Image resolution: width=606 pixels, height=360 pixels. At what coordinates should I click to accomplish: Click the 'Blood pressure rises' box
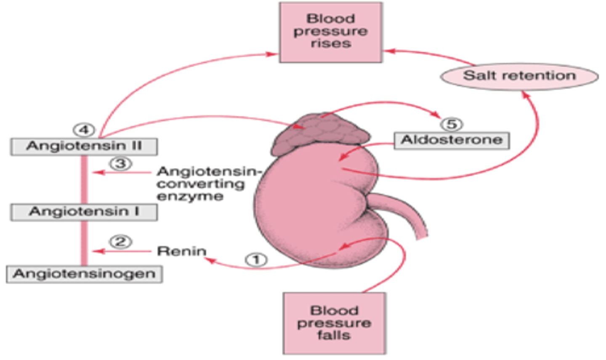tap(331, 32)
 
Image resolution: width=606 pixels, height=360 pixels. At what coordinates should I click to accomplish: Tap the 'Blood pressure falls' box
tap(334, 323)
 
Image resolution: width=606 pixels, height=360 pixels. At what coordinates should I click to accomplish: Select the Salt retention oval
tap(519, 76)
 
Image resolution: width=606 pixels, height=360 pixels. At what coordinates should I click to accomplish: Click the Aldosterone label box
tap(452, 140)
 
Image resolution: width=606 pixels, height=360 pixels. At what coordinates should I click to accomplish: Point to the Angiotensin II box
tap(84, 147)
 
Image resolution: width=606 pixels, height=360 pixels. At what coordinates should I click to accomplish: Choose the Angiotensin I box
tap(84, 212)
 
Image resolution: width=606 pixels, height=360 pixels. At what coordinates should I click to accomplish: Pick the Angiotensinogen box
tap(84, 274)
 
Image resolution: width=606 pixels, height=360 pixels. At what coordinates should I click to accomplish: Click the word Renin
tap(182, 251)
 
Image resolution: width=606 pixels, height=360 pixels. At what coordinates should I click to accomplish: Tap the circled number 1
tap(256, 259)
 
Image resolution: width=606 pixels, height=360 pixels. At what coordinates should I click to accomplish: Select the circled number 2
tap(121, 242)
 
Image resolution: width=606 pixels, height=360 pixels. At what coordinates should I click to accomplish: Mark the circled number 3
tap(121, 163)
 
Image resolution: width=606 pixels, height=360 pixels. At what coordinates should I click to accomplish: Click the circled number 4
tap(84, 130)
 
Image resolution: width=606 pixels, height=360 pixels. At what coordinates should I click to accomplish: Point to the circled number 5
tap(452, 124)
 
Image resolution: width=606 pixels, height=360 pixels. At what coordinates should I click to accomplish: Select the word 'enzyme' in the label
tap(190, 197)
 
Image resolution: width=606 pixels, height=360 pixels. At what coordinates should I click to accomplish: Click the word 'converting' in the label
tap(201, 184)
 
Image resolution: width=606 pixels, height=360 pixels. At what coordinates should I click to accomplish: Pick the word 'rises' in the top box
tap(331, 44)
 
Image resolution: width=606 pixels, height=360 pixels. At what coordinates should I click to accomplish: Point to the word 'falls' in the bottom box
tap(334, 336)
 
